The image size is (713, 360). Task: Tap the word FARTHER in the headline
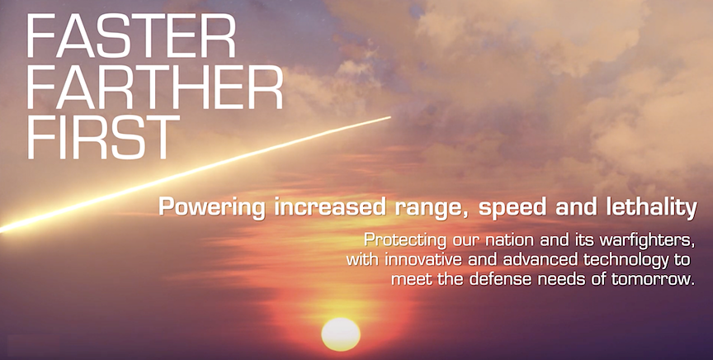[x=155, y=87]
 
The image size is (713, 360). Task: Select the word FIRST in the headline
[x=104, y=137]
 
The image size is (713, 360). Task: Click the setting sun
[x=341, y=334]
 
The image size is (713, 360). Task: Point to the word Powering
[x=212, y=208]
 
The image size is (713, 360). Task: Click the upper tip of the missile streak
[x=390, y=117]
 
